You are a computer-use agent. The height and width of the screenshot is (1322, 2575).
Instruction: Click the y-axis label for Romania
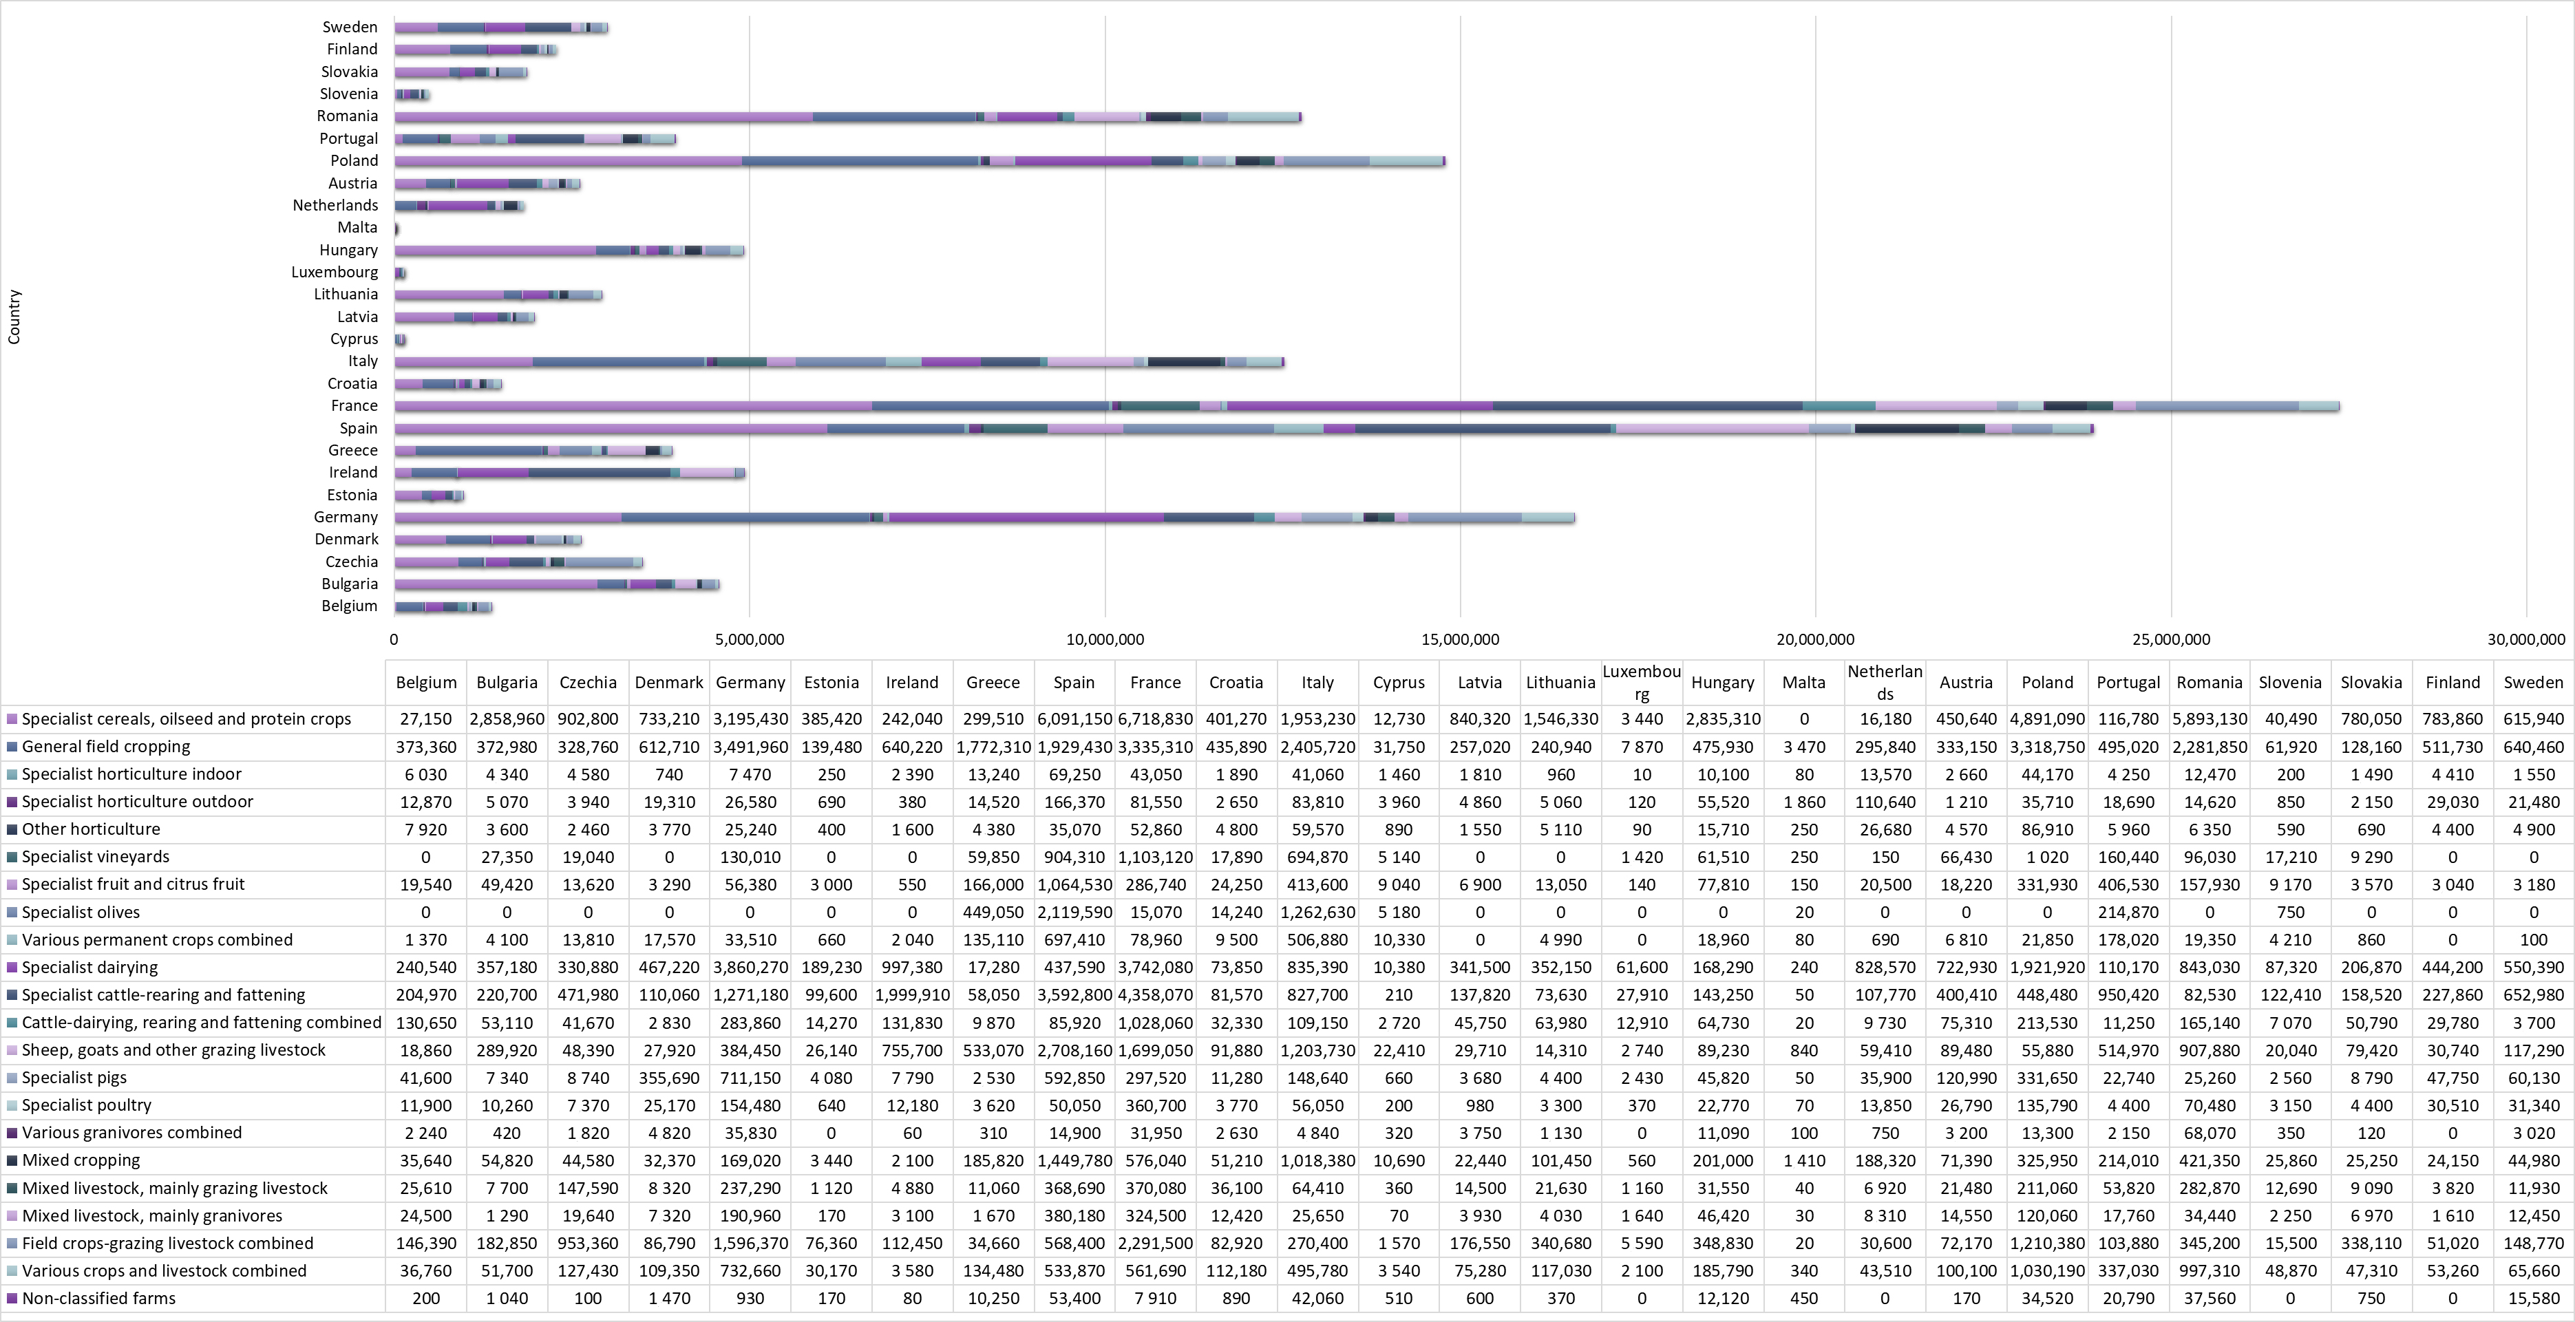tap(347, 116)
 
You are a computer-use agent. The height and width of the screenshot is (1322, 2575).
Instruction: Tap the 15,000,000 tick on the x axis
tap(1461, 639)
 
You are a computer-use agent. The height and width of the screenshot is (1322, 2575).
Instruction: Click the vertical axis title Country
tap(14, 317)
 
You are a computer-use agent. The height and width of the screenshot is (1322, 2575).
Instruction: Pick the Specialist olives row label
tap(81, 913)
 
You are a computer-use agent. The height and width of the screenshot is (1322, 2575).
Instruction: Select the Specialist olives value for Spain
tap(1074, 913)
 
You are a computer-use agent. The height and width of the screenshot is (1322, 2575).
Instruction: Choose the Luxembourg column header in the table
tap(1642, 683)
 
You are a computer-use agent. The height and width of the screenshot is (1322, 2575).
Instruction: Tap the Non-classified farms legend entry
tap(98, 1298)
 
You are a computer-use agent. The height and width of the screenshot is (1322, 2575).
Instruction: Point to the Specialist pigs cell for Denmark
tap(669, 1077)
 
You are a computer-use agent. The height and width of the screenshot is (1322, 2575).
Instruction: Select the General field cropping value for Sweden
tap(2533, 747)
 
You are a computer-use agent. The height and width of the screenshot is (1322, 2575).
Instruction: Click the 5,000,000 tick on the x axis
tap(750, 639)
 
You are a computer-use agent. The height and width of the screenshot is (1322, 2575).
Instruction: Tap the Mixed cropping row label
tap(81, 1160)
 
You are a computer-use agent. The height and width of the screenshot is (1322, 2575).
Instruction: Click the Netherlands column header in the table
tap(1884, 683)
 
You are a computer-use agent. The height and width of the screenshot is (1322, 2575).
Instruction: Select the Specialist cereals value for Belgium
tap(426, 718)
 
